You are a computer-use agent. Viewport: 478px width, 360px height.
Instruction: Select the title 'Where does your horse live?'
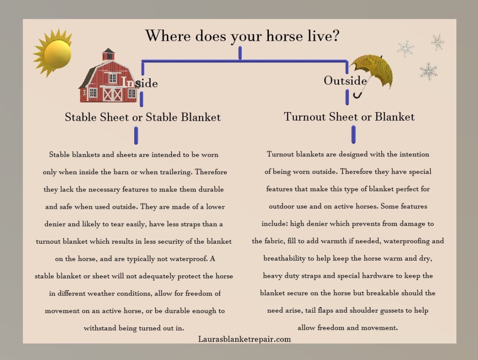coord(242,36)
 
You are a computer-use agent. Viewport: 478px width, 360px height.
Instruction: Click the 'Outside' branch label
coord(345,80)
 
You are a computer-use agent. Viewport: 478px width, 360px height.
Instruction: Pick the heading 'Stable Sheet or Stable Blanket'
coord(142,117)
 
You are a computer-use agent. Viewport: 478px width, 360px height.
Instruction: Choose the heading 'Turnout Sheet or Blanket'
coord(349,117)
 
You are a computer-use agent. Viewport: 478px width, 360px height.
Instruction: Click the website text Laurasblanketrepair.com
coord(245,339)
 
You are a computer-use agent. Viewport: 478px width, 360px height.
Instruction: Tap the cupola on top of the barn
coord(109,54)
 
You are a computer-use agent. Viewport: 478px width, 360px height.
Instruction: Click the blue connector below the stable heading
coord(136,136)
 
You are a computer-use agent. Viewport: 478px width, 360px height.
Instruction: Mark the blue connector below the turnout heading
coord(353,134)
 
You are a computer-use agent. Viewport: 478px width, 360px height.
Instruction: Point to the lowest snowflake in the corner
coord(428,71)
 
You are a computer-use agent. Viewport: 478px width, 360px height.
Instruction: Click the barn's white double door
coord(112,93)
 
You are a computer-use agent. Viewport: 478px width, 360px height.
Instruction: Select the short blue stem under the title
coord(240,53)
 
